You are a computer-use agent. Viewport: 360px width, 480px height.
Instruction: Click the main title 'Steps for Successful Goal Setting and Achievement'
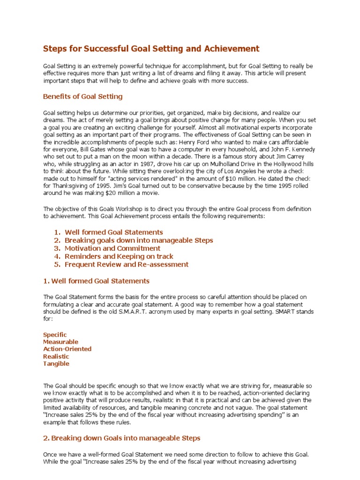151,49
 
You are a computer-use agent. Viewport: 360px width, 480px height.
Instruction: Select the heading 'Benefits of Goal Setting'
82,97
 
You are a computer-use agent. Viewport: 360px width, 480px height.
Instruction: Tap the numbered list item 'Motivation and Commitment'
112,248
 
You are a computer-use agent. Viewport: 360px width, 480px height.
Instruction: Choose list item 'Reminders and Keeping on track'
119,256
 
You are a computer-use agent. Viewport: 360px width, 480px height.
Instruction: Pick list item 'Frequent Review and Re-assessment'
127,264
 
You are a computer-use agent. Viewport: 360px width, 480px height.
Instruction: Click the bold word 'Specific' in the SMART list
55,335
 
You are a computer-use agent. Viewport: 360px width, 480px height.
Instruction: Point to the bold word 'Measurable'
60,342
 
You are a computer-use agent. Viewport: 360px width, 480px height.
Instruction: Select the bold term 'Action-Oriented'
67,349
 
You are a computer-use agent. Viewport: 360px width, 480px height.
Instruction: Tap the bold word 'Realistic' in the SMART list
56,356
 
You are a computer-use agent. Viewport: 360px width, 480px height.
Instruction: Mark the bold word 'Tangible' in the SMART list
56,363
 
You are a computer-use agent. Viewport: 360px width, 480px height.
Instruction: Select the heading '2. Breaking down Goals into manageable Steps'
121,438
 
